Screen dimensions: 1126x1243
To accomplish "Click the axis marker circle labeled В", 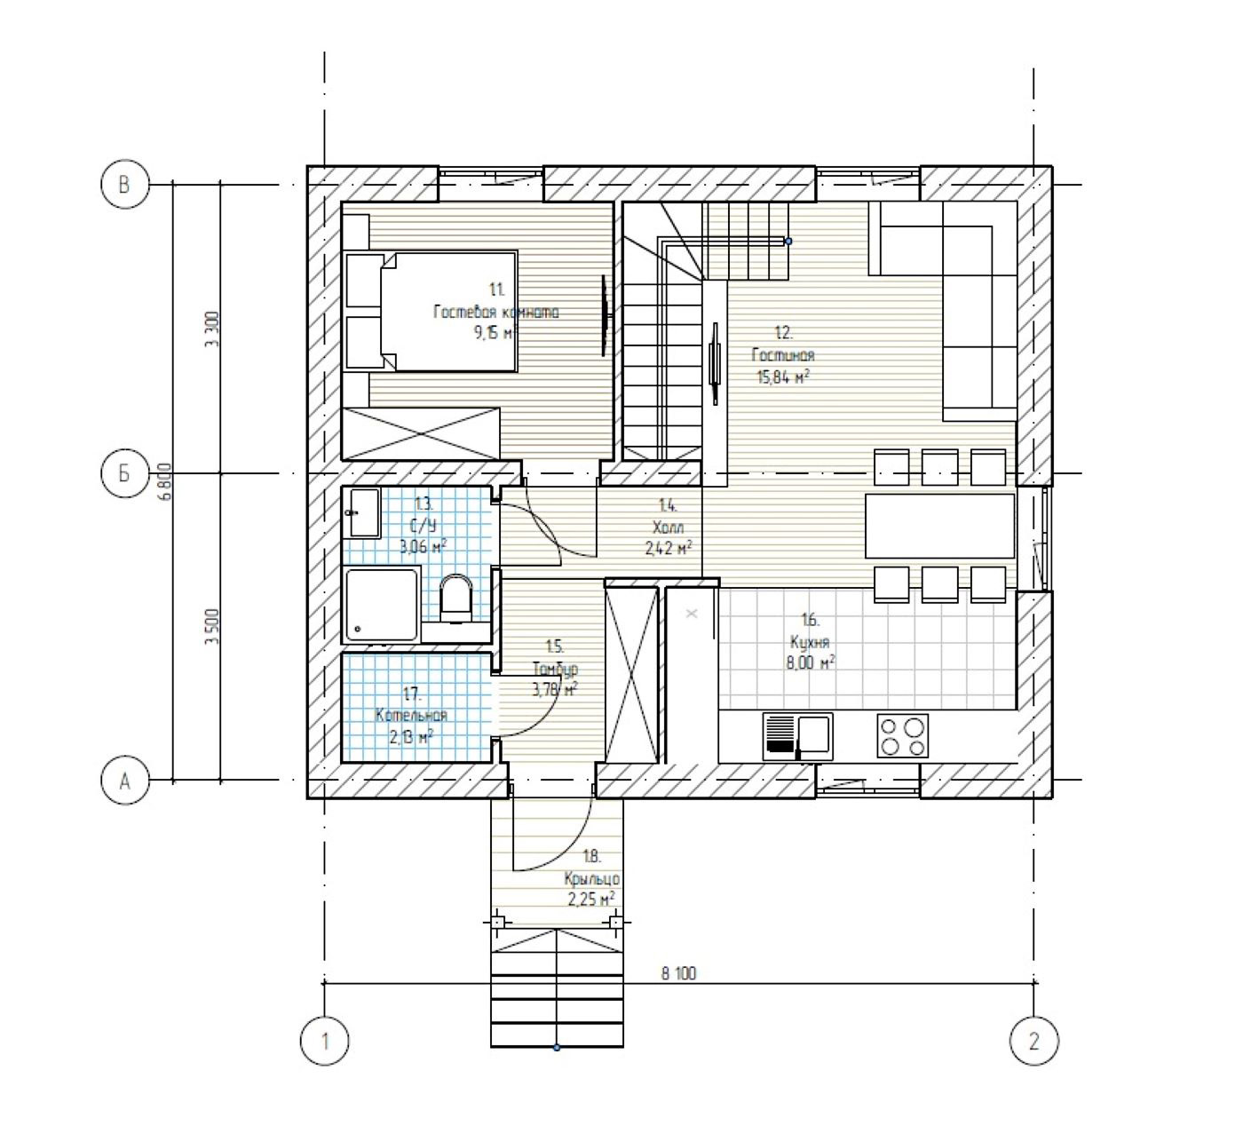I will click(125, 185).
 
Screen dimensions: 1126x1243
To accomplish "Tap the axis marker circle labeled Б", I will click(125, 473).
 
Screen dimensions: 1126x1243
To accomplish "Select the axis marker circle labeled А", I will click(125, 781).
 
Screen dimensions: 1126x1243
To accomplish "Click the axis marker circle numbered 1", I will click(324, 1040).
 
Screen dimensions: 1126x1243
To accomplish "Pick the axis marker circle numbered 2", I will click(1034, 1040).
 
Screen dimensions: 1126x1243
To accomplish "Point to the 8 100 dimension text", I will click(678, 973).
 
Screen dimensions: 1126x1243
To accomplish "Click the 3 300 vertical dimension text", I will click(210, 329).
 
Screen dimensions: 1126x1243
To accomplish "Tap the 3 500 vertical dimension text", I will click(210, 626).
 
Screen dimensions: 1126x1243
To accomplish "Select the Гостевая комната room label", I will click(496, 312).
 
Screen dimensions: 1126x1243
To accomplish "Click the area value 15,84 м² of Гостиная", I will click(782, 377).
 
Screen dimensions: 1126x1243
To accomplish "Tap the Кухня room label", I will click(809, 642).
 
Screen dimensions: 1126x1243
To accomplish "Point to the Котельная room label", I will click(411, 716).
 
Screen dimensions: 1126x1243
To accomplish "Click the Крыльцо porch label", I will click(591, 878).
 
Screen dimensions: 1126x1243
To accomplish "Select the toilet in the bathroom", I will click(456, 599).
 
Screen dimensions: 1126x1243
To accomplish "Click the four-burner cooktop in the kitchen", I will click(902, 735).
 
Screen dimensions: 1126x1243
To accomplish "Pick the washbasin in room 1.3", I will click(363, 512).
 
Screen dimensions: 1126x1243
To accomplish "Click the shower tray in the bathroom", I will click(381, 604).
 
